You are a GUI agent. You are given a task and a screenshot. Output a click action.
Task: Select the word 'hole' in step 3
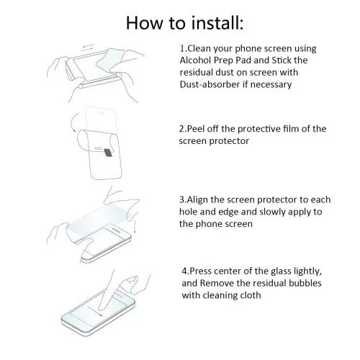coord(189,212)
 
